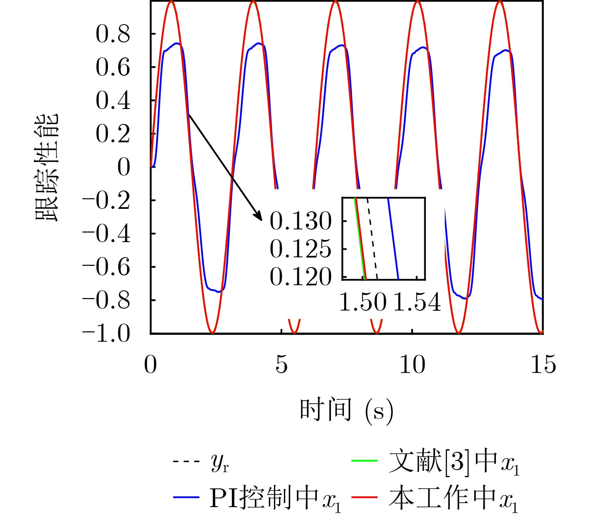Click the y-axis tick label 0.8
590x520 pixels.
(113, 34)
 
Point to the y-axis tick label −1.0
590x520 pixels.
(106, 334)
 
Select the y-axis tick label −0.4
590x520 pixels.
(106, 234)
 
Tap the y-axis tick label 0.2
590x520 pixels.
(113, 134)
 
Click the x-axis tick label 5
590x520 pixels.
(281, 365)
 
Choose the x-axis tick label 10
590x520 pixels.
(412, 365)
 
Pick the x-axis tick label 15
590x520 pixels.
(543, 365)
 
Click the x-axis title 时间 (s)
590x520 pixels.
(346, 411)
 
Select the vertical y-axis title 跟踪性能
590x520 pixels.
(47, 167)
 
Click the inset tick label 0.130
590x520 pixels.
(301, 221)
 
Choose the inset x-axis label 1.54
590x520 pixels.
(417, 302)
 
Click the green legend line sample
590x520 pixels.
(365, 461)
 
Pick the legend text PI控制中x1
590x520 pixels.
(275, 498)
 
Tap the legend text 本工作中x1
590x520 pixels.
(453, 498)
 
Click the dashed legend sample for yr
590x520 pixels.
(186, 461)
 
